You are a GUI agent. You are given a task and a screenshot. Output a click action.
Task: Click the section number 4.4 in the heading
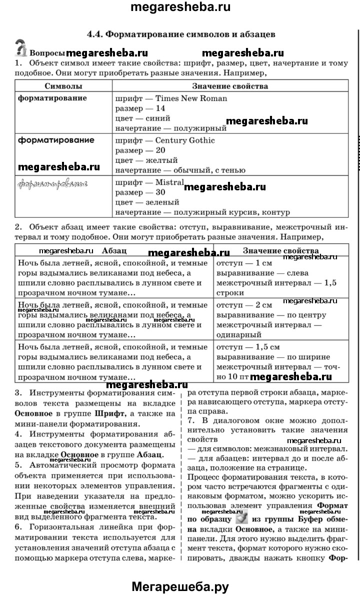tap(93, 34)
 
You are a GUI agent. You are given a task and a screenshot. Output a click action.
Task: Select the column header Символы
tap(63, 86)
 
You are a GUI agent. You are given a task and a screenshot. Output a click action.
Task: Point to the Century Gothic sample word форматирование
tap(56, 140)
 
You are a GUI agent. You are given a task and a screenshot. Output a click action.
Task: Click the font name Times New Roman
tap(191, 98)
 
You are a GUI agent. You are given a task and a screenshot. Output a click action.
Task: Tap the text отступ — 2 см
tap(244, 304)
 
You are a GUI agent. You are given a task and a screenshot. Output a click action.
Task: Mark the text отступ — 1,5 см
tap(247, 347)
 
